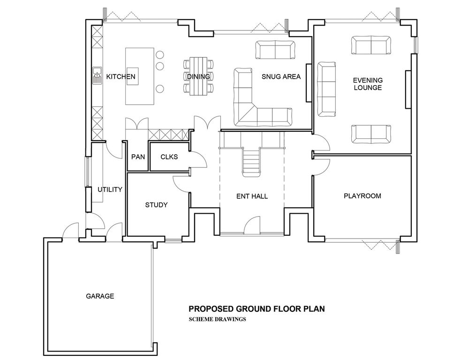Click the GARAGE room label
pyautogui.click(x=100, y=296)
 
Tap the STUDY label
pyautogui.click(x=156, y=205)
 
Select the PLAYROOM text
pyautogui.click(x=363, y=196)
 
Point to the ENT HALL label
pyautogui.click(x=252, y=196)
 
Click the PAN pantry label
pyautogui.click(x=138, y=157)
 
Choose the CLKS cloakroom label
pyautogui.click(x=169, y=157)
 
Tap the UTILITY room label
pyautogui.click(x=110, y=189)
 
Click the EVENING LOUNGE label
pyautogui.click(x=368, y=84)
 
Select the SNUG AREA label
pyautogui.click(x=281, y=76)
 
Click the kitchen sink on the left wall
pyautogui.click(x=97, y=76)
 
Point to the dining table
pyautogui.click(x=198, y=76)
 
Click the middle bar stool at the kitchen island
pyautogui.click(x=160, y=66)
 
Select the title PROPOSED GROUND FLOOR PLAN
pyautogui.click(x=257, y=309)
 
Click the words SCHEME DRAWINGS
pyautogui.click(x=217, y=319)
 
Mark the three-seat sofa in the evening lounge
pyautogui.click(x=327, y=89)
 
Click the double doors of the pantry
pyautogui.click(x=137, y=124)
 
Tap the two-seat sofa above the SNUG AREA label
pyautogui.click(x=275, y=50)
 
